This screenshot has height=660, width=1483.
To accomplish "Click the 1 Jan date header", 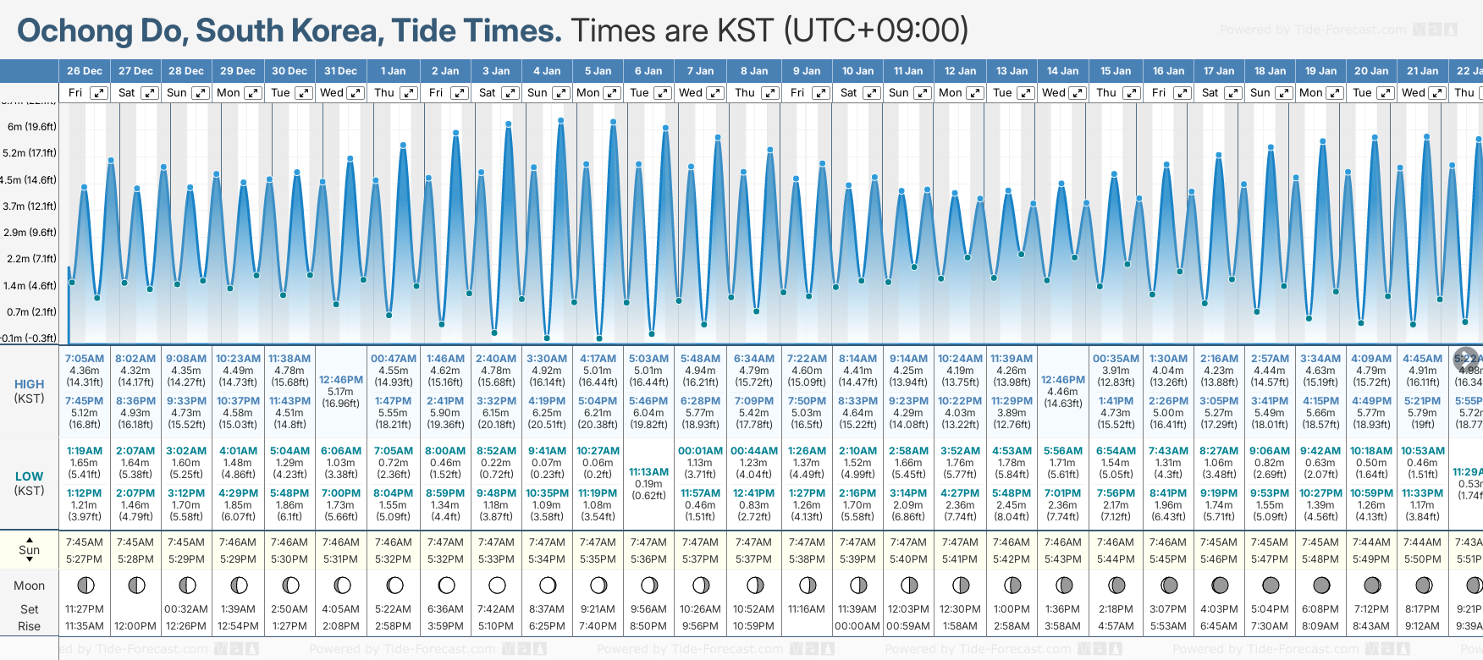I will click(x=393, y=71).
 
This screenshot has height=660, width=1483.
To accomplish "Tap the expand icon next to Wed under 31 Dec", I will click(x=356, y=93).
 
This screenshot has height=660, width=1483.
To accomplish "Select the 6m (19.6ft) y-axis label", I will click(x=32, y=127).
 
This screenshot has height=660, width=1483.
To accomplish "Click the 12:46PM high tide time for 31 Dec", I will click(x=341, y=380).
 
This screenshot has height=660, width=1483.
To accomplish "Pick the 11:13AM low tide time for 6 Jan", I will click(x=649, y=472).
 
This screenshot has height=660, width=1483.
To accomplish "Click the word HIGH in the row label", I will click(x=30, y=384).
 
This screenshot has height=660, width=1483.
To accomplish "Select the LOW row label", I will click(x=30, y=476).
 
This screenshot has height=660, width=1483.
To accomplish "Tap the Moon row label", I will click(x=30, y=586).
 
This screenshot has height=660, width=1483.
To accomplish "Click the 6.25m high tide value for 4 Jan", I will click(x=547, y=413).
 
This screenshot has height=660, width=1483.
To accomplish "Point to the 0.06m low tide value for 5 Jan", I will click(x=598, y=463).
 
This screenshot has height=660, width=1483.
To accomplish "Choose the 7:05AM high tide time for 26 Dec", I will click(x=85, y=359).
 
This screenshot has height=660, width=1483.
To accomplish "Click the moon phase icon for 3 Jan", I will click(x=497, y=585).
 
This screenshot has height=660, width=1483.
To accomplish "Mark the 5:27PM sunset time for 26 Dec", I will click(x=85, y=559).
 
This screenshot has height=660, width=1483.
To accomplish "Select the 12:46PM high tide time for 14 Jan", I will click(x=1063, y=380).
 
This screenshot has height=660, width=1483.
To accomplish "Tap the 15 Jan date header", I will click(x=1116, y=71).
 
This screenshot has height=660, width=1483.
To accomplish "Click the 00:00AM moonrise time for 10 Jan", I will click(x=857, y=626).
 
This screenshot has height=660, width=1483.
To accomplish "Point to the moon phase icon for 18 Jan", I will click(x=1271, y=585).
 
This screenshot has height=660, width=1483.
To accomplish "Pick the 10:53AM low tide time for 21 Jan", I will click(x=1422, y=451).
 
